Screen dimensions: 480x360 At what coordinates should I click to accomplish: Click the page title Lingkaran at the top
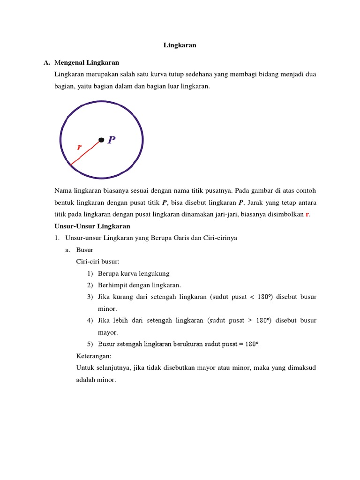click(x=180, y=45)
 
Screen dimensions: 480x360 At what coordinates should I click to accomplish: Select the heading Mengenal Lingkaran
click(x=87, y=62)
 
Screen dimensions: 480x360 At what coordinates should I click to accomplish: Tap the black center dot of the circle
click(x=101, y=139)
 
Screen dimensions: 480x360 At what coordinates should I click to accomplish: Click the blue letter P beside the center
click(x=112, y=140)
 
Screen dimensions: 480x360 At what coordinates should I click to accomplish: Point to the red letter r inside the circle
click(x=79, y=147)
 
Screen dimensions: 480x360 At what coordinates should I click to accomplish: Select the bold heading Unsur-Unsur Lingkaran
click(x=92, y=226)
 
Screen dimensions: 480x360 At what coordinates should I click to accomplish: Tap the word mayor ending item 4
click(x=107, y=332)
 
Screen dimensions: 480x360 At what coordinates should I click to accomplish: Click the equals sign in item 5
click(x=240, y=344)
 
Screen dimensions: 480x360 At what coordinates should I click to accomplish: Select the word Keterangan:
click(x=94, y=356)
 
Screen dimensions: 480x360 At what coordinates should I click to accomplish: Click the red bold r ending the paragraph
click(x=307, y=214)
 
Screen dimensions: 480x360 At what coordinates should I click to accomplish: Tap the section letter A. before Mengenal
click(x=46, y=62)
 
